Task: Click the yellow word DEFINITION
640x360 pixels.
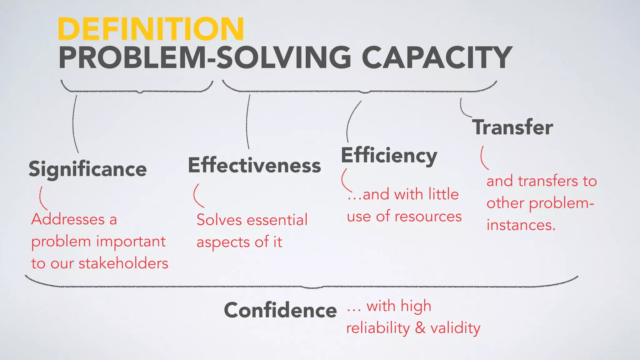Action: [151, 29]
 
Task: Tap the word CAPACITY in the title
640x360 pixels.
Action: [437, 58]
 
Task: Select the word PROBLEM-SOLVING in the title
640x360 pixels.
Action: [205, 58]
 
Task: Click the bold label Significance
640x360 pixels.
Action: [88, 169]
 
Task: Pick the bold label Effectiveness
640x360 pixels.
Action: [254, 165]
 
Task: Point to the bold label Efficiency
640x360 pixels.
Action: [389, 155]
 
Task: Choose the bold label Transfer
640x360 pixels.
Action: [512, 127]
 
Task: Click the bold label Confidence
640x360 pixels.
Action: [280, 310]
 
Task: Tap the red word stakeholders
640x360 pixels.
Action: [123, 263]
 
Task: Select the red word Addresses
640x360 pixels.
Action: [68, 219]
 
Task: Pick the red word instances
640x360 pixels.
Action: [521, 225]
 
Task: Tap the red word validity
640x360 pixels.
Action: [455, 328]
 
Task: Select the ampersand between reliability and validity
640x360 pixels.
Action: [420, 328]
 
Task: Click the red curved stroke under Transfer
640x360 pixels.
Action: [483, 158]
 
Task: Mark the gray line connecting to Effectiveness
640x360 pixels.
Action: [247, 122]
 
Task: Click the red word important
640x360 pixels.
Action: [131, 242]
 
